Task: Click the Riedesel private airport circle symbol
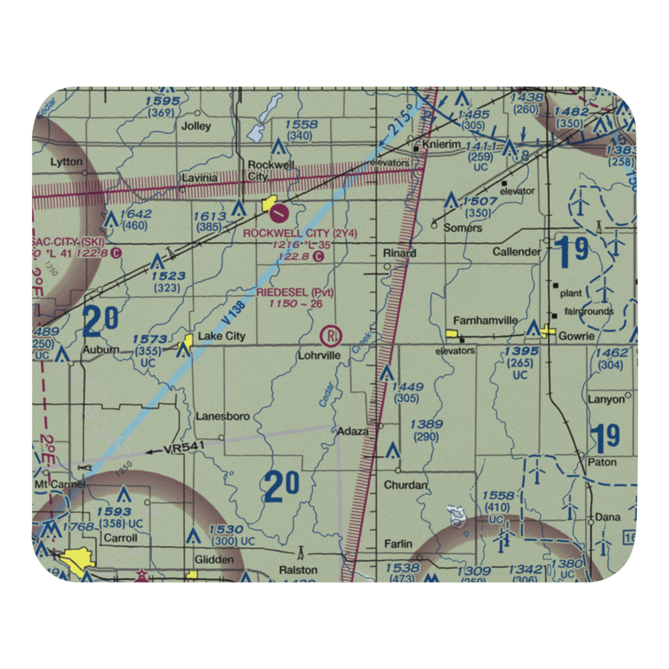330,334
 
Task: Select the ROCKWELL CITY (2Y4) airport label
300,233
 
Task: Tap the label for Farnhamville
485,320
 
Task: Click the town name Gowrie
577,336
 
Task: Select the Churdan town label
405,484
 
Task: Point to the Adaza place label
353,432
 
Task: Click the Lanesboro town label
223,416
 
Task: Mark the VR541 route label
183,451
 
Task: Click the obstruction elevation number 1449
407,386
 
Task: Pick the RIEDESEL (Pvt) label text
295,292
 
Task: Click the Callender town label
516,252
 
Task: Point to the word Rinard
399,253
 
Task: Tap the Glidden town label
214,559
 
